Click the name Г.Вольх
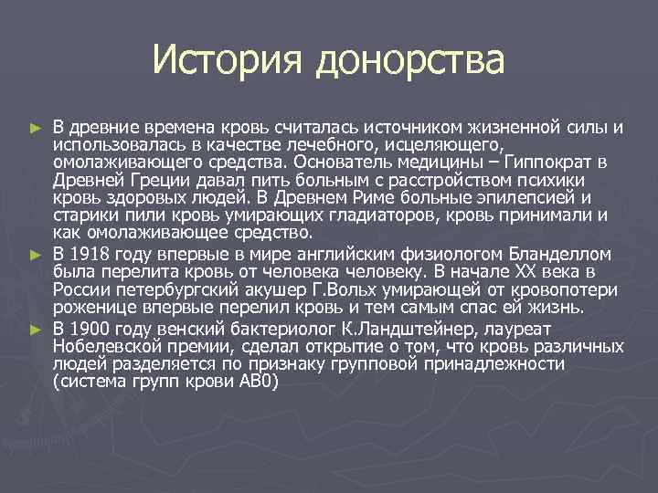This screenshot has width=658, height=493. (309, 289)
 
